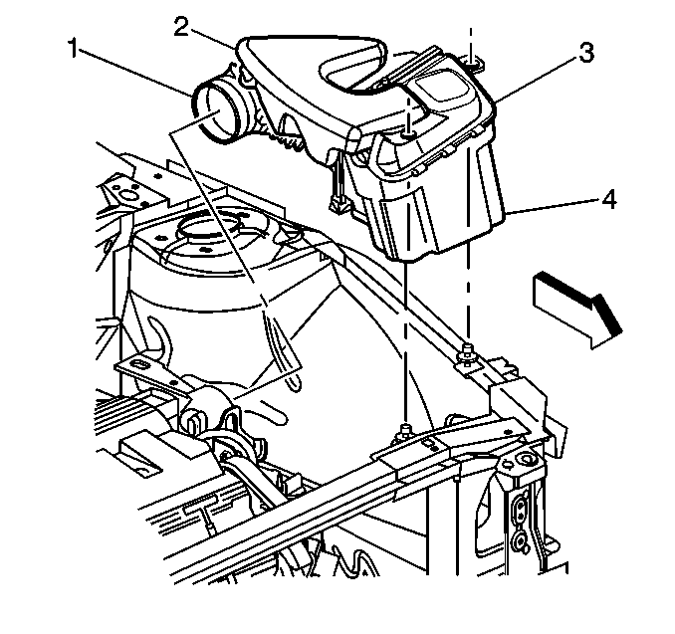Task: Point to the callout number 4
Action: tap(606, 201)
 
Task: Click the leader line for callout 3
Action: tap(538, 78)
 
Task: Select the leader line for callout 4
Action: tap(553, 206)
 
